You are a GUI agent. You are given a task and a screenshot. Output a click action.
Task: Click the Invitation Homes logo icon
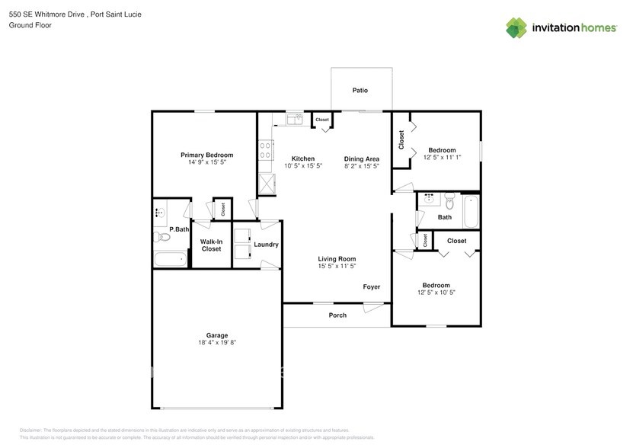(x=516, y=27)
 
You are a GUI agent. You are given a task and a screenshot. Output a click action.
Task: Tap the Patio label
(x=360, y=90)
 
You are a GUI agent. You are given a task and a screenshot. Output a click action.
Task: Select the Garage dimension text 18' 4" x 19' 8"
(x=217, y=343)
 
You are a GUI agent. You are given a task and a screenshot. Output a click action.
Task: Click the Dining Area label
(x=362, y=158)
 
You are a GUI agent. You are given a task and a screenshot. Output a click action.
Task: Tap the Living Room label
(x=337, y=259)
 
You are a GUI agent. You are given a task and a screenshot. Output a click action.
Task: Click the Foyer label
(x=371, y=287)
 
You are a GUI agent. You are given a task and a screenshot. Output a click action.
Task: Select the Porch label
(x=337, y=315)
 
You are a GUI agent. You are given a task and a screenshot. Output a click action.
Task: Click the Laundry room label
(x=267, y=245)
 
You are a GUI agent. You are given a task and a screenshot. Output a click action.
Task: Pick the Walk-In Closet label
(x=211, y=245)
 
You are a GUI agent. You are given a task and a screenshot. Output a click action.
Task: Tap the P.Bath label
(x=179, y=229)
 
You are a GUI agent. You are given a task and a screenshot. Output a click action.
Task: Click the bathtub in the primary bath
(x=171, y=259)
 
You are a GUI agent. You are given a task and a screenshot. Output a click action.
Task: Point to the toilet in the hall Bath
(x=449, y=203)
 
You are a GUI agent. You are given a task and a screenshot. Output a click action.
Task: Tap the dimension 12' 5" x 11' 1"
(x=442, y=157)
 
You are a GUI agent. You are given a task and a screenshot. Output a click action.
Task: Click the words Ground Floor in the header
(x=28, y=25)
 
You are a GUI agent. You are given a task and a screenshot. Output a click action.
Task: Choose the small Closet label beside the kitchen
(x=322, y=120)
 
